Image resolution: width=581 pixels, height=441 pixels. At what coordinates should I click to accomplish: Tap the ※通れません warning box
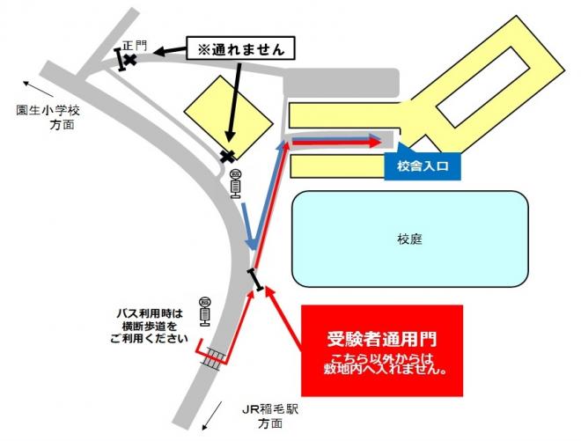[239, 48]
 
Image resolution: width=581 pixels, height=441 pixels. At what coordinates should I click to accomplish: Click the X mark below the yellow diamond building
[229, 157]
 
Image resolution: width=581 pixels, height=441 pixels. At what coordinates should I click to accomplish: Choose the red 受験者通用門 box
[381, 349]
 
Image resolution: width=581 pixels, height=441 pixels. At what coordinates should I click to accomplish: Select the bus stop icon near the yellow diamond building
[235, 185]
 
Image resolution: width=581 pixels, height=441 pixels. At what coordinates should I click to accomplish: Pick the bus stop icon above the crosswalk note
[205, 310]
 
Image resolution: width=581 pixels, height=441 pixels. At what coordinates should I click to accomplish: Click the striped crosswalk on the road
[213, 356]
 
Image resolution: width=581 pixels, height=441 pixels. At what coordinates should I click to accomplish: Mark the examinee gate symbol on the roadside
[255, 279]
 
